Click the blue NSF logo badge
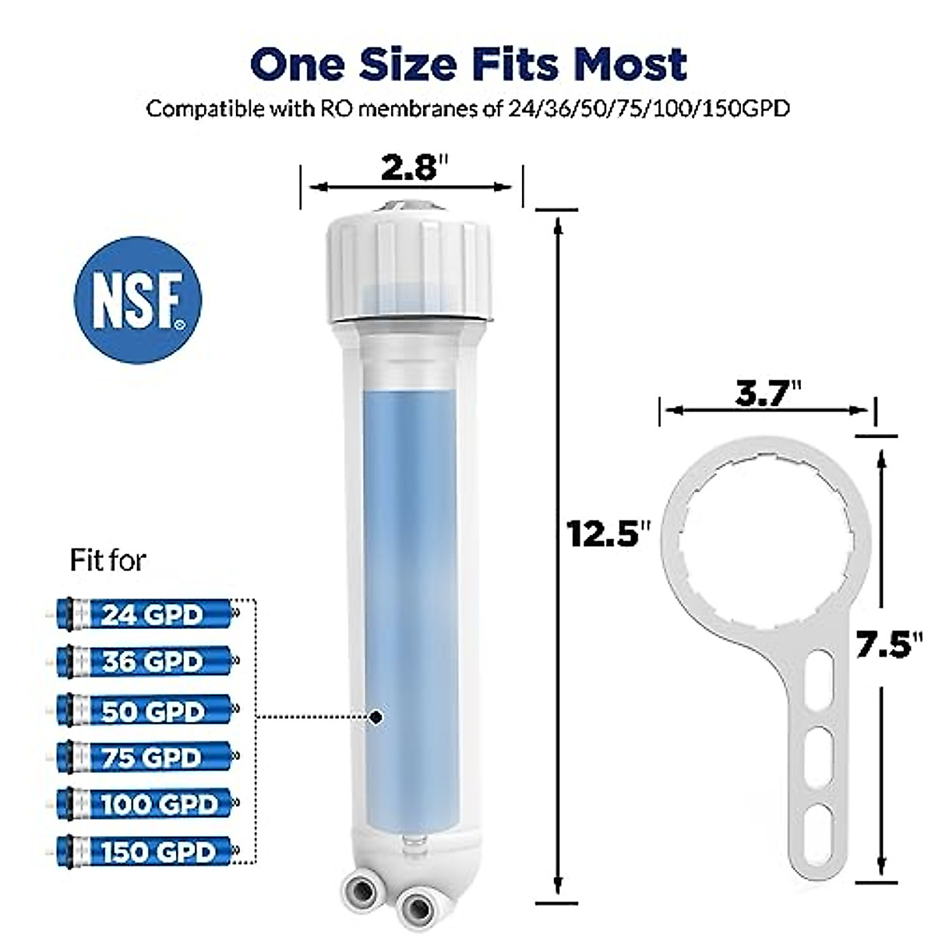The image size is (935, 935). click(138, 300)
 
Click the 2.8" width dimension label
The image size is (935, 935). click(411, 168)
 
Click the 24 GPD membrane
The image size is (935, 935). click(145, 615)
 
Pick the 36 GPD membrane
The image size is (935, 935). click(145, 662)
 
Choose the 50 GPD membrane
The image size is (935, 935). click(145, 711)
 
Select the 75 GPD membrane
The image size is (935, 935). click(145, 757)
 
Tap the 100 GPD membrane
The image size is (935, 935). click(145, 804)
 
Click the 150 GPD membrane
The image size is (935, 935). click(145, 851)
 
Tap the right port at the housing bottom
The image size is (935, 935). click(413, 904)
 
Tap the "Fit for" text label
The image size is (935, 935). click(108, 560)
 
